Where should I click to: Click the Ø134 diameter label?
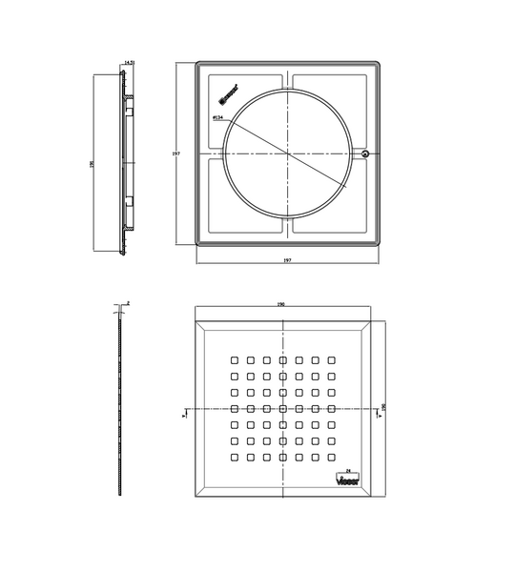218,118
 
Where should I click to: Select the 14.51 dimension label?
130,63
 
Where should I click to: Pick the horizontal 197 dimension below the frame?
286,260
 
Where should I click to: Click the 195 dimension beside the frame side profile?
92,163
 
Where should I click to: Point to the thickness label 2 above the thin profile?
128,302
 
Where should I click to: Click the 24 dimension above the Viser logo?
348,471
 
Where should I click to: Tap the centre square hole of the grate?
283,408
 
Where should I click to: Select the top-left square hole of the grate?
234,359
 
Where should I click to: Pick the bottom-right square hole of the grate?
333,458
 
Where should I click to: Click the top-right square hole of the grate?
333,359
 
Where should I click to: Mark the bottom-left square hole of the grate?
234,458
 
